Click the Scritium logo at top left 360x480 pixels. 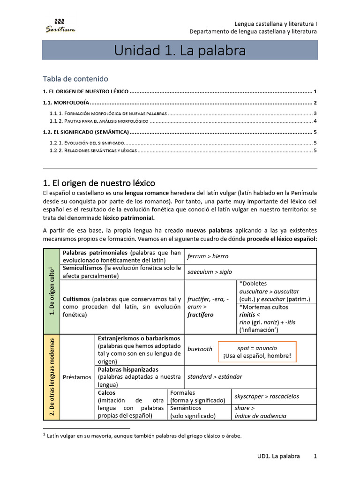(60, 26)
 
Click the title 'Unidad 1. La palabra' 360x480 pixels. (180, 51)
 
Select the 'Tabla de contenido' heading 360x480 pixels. (75, 79)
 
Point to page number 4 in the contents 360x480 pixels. (315, 121)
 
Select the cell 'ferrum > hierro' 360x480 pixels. (208, 256)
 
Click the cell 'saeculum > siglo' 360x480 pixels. (210, 272)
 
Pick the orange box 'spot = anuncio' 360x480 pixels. (257, 352)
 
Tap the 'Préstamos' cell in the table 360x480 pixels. (77, 377)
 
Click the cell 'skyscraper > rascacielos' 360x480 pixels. (267, 397)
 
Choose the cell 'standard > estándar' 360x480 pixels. (215, 376)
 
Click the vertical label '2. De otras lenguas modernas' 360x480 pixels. (52, 377)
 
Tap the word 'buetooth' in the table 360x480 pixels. (200, 349)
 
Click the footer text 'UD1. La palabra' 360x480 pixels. (278, 456)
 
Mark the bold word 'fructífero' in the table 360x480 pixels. (200, 315)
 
